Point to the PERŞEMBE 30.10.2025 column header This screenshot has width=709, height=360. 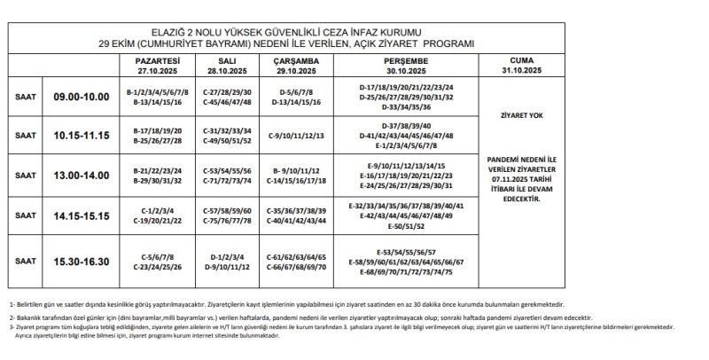click(x=407, y=65)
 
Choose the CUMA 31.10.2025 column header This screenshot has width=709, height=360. click(x=521, y=65)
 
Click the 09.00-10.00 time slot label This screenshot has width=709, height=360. click(x=81, y=97)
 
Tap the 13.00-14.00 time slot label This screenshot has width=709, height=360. click(x=81, y=176)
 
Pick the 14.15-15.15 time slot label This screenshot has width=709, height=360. click(x=81, y=215)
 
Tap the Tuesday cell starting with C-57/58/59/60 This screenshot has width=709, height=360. click(x=228, y=215)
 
